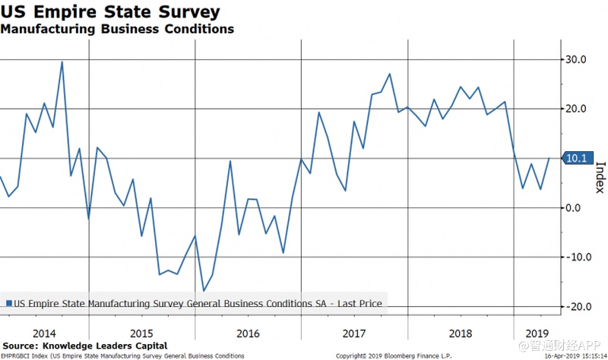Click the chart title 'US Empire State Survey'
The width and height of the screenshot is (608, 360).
(111, 12)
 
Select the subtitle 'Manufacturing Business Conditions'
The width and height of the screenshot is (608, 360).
(117, 30)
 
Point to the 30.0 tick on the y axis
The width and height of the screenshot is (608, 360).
(575, 59)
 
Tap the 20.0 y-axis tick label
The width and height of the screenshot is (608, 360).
(575, 109)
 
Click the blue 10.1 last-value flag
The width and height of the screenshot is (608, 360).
(575, 158)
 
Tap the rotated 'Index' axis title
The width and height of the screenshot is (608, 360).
(599, 176)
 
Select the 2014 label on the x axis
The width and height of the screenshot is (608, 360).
(45, 333)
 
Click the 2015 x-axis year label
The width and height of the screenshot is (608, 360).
(141, 333)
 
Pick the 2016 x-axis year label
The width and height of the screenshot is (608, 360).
(248, 333)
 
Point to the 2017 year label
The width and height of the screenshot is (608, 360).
(354, 333)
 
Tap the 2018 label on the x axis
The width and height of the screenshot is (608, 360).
(461, 333)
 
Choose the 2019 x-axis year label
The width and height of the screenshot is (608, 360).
(537, 333)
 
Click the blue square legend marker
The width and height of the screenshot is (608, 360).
(9, 303)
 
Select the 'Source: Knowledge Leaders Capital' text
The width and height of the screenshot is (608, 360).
(85, 346)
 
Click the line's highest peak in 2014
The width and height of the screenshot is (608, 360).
(62, 62)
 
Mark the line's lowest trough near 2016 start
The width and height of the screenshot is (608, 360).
(204, 291)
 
